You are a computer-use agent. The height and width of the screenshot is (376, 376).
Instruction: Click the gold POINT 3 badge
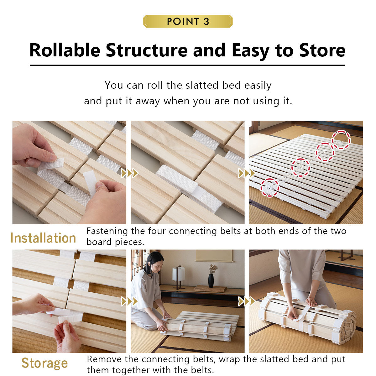coord(188,21)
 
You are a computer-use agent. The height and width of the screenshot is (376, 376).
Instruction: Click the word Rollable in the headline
coord(65,50)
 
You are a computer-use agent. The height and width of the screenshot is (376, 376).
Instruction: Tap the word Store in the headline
coord(322,50)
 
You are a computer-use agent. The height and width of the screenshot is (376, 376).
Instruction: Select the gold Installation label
coord(43,238)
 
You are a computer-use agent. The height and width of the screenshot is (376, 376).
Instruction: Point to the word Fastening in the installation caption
coord(107,232)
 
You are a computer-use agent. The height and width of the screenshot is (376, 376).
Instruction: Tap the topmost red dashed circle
coord(341,140)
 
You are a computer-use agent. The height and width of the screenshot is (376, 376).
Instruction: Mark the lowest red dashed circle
coord(270,187)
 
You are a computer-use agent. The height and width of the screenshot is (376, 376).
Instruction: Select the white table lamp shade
coord(179,274)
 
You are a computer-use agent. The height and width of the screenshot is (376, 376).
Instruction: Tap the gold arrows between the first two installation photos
coord(129,173)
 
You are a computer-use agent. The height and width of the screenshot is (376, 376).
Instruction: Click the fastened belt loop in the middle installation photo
coord(188,186)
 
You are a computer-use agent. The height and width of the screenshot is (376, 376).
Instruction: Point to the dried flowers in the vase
coord(213,269)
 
